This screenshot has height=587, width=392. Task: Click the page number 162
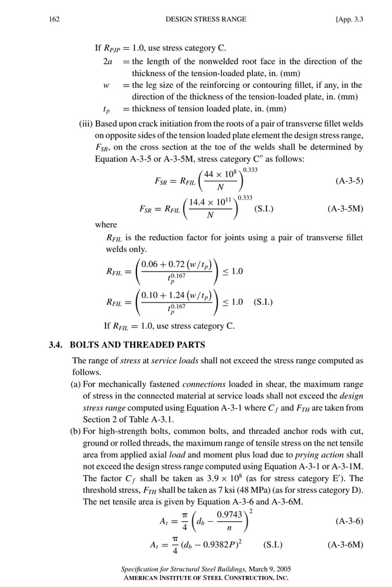53,20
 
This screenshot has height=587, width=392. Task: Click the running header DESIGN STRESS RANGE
206,20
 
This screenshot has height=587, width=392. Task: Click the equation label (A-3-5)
349,181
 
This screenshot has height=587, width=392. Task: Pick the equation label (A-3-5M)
345,208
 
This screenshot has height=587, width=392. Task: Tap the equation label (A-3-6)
349,521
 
